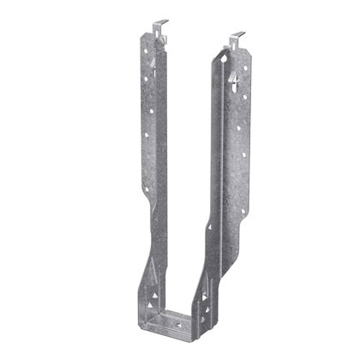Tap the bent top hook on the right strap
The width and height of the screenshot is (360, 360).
(236, 39)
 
